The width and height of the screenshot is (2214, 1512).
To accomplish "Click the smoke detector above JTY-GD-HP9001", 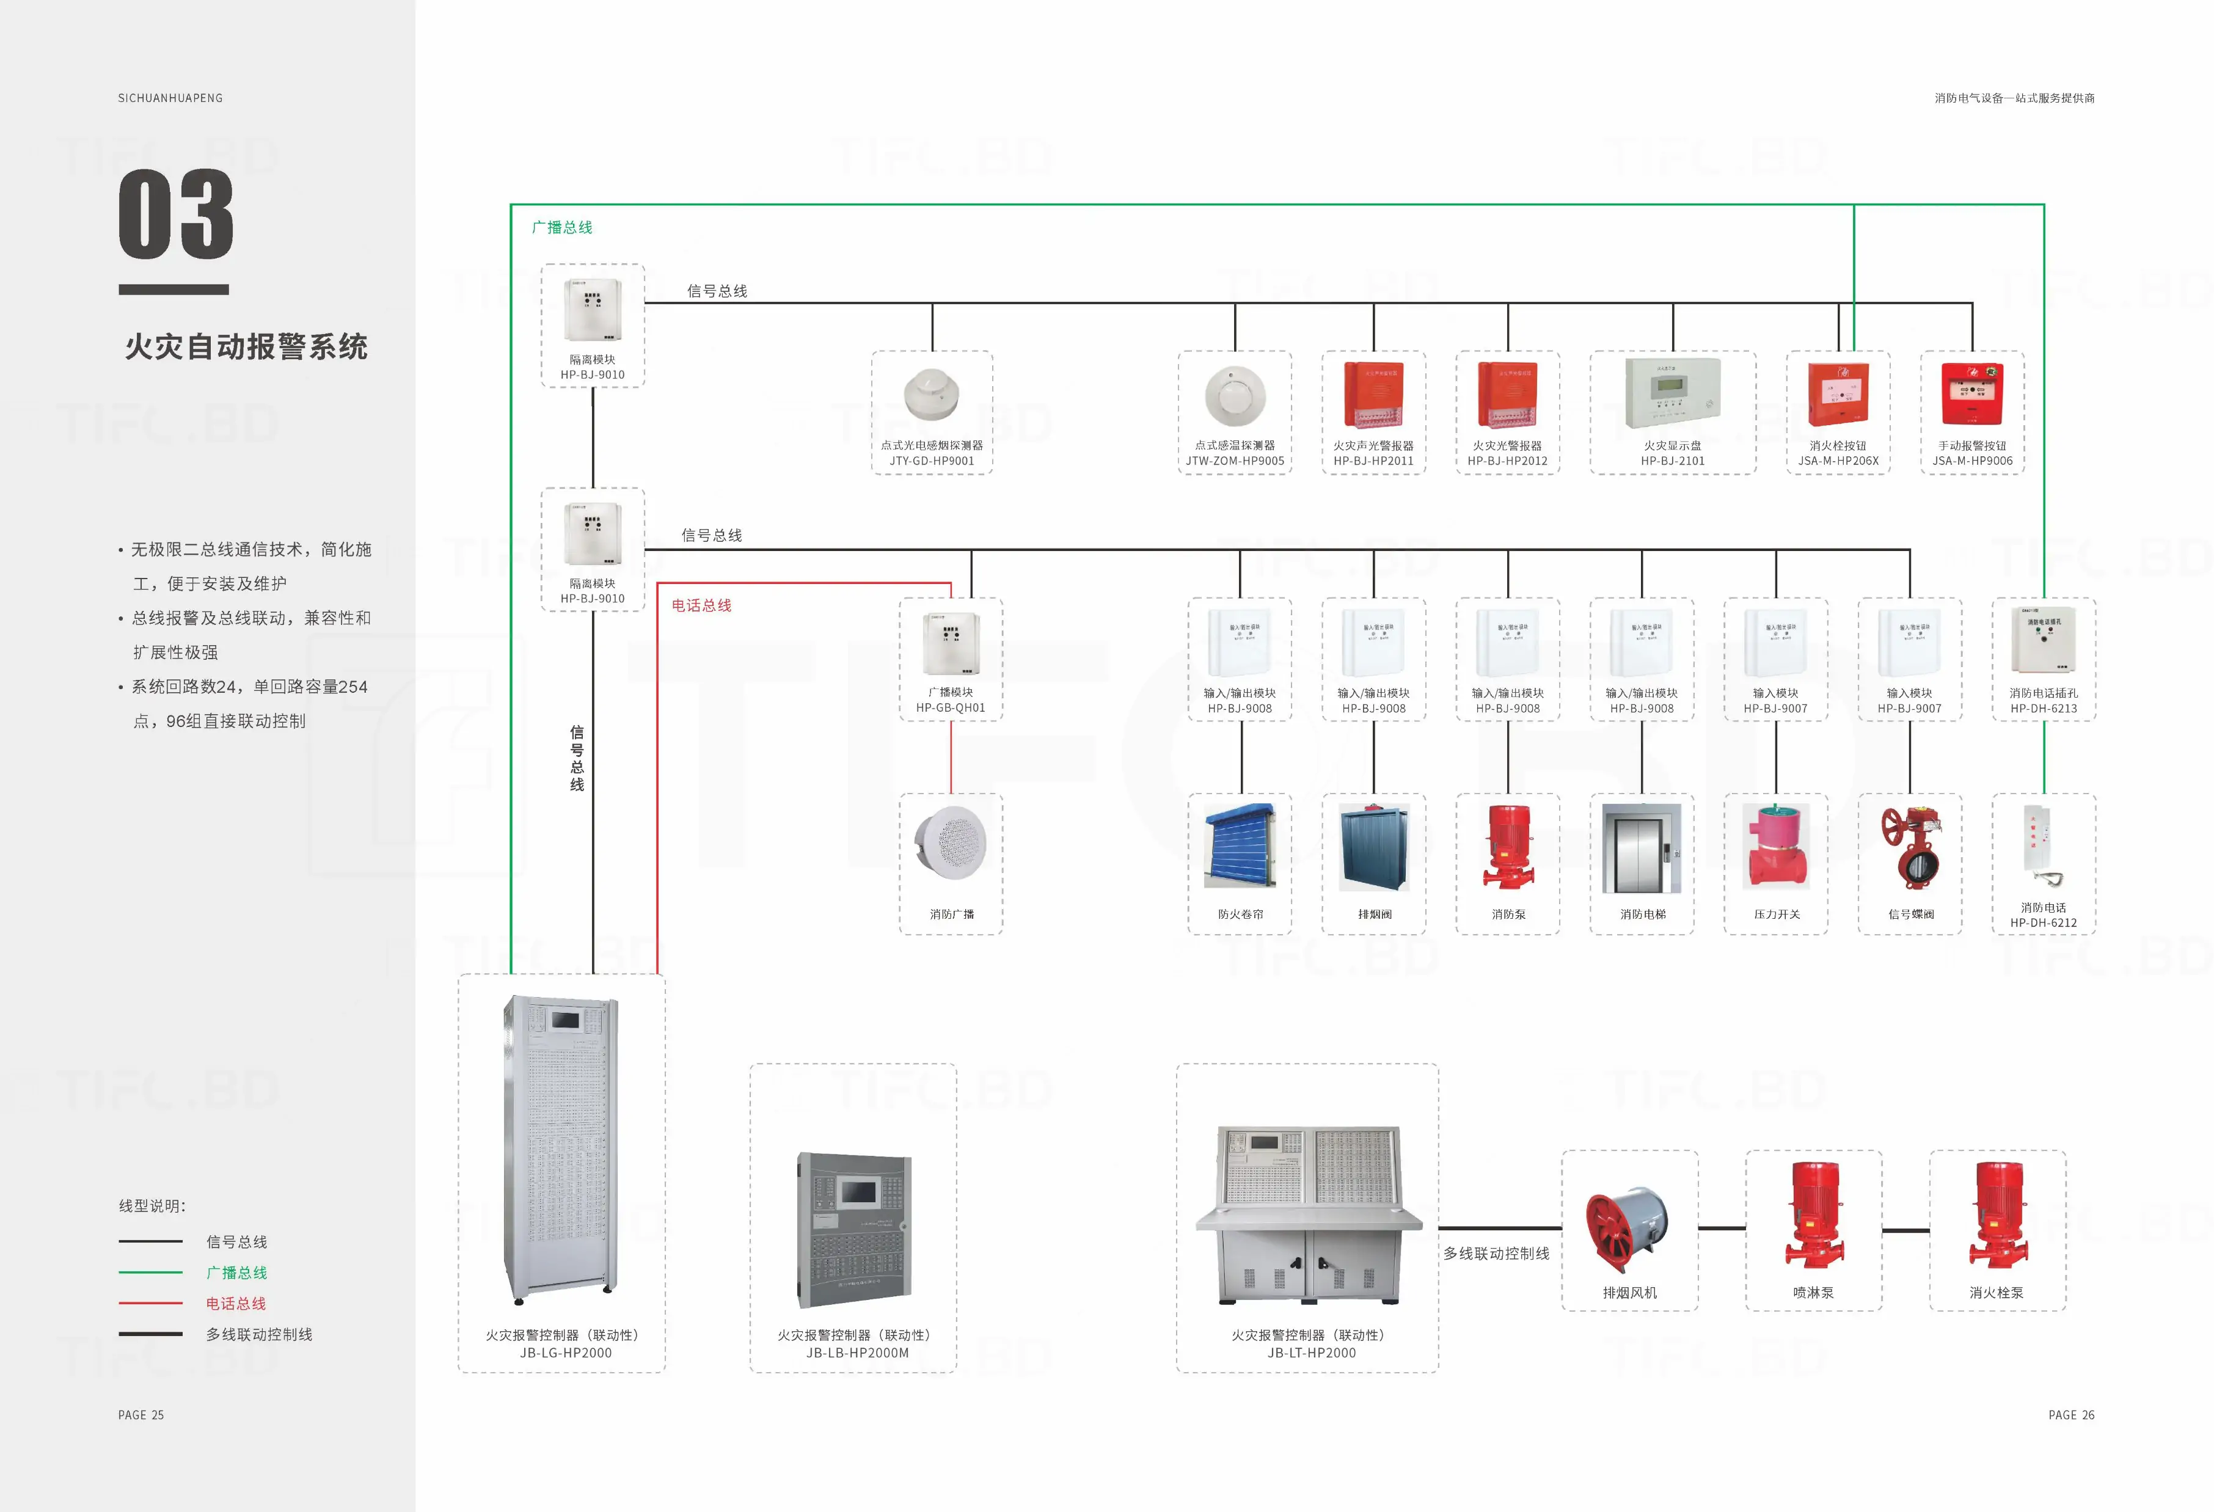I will pos(931,393).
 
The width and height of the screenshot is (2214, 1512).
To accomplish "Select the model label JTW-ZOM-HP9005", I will pos(1235,461).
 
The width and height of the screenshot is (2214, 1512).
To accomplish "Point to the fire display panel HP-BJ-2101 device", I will pos(1672,393).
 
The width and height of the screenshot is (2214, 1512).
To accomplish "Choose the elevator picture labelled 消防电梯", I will pos(1642,848).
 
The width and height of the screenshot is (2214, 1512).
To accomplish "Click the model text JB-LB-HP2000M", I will pos(857,1353).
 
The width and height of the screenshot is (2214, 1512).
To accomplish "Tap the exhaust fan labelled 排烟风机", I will pos(1628,1229).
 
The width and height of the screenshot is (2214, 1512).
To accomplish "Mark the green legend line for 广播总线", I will pos(150,1272).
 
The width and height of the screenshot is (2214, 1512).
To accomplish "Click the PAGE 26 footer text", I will pos(2071,1415).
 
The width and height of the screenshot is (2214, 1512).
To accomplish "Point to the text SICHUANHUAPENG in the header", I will pos(170,98).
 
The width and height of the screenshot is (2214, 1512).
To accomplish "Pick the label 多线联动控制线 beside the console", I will pos(1496,1254).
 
